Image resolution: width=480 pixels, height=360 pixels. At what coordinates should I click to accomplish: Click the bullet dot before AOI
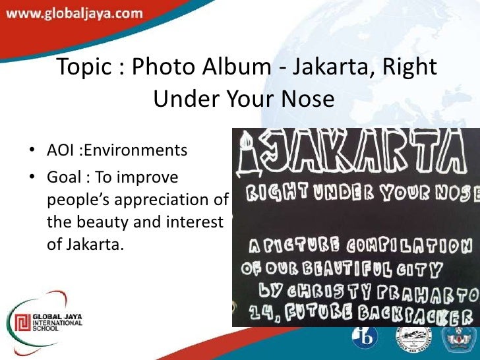(x=32, y=152)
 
